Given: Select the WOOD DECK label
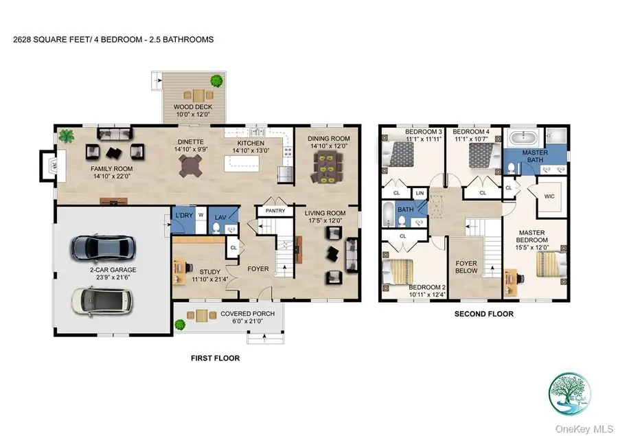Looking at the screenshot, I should (x=192, y=107).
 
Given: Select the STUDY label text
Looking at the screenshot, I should (x=210, y=271).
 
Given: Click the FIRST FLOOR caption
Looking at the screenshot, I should (x=215, y=358).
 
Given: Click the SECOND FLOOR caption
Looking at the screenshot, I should (x=485, y=314).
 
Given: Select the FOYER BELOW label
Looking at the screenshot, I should (x=466, y=266).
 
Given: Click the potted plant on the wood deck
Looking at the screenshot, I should (x=218, y=81).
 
